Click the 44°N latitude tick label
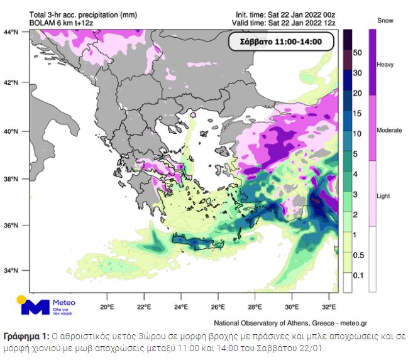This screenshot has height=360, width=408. [10, 31]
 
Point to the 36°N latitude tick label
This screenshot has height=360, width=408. [10, 225]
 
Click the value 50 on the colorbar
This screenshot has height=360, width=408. [357, 53]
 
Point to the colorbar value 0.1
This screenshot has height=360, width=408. [357, 275]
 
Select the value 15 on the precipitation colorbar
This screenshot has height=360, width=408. [357, 114]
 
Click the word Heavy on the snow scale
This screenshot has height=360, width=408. [385, 65]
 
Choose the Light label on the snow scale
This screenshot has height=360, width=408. [383, 195]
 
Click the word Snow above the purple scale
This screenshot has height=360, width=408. [385, 21]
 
